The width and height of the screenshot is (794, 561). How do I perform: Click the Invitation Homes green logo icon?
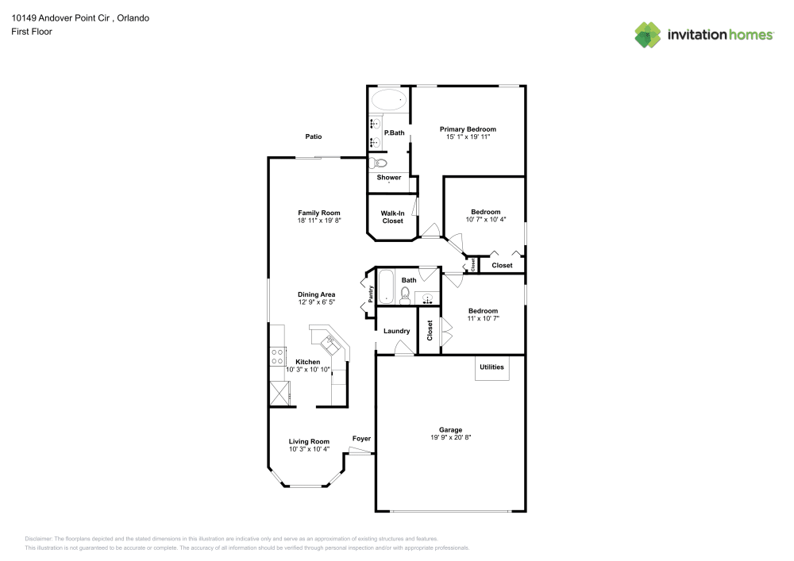coord(648,34)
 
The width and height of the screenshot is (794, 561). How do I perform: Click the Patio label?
coord(314,136)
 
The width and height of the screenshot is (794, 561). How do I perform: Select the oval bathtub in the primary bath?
coord(388,100)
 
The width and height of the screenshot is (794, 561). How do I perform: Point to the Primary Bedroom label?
coord(468,129)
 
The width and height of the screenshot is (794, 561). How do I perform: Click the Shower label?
coord(389,178)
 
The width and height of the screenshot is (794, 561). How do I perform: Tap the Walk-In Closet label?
coord(392,217)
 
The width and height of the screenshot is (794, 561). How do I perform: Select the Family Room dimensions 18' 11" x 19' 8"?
coord(319,221)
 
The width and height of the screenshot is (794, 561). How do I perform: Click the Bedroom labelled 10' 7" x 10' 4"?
coord(485,212)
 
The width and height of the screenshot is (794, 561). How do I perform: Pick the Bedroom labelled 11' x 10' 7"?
coord(483,311)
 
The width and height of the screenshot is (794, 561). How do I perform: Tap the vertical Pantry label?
coord(370,294)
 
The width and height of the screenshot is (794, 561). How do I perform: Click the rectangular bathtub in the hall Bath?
coord(385,287)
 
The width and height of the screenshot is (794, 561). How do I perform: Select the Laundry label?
coord(396,331)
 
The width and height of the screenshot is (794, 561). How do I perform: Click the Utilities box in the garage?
coord(491,367)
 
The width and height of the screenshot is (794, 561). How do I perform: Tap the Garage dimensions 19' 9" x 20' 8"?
coord(451,437)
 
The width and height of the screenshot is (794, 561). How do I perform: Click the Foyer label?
coord(361,439)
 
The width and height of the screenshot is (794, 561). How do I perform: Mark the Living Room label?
coord(309,441)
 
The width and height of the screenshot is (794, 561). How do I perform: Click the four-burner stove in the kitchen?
coord(278,357)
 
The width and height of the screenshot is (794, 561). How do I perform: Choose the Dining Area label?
coord(316,294)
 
